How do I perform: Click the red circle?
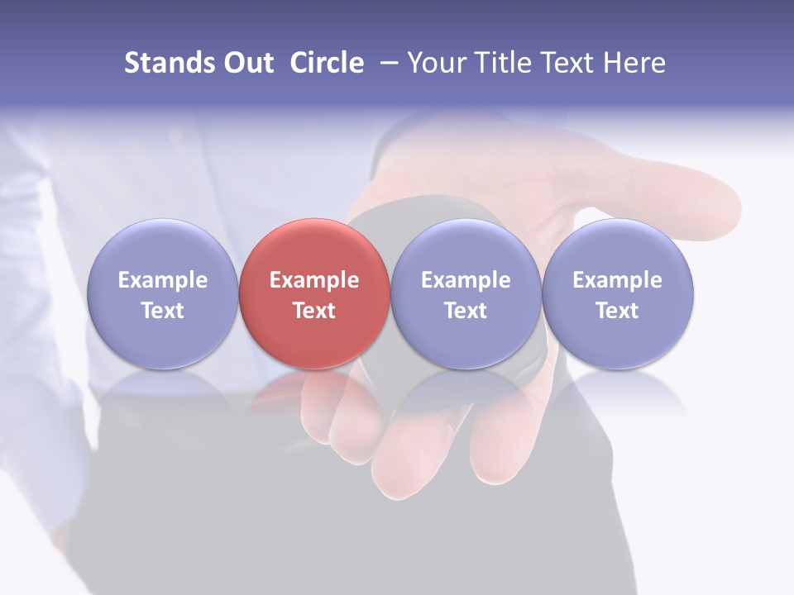point(314,248)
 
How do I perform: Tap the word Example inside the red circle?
point(314,280)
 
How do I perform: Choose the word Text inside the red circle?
point(314,311)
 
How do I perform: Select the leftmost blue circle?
point(162,248)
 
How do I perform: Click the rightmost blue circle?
point(618,248)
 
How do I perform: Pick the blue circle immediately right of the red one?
point(466,248)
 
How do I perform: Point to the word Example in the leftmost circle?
point(162,280)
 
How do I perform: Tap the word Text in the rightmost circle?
point(618,311)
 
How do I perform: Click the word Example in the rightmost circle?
point(618,280)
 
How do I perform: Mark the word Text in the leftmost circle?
point(162,311)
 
